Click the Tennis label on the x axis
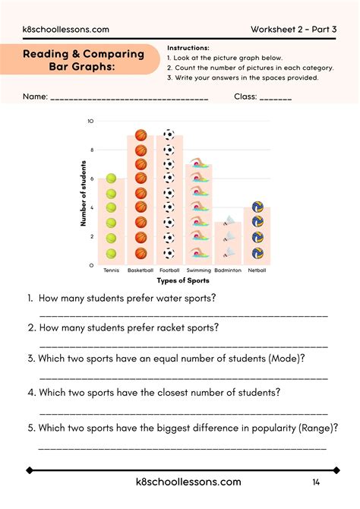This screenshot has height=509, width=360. [x=111, y=270]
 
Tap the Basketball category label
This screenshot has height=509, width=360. [x=140, y=270]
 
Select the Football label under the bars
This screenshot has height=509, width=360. [x=169, y=270]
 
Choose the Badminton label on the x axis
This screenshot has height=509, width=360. [x=227, y=270]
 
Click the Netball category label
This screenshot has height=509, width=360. [x=257, y=270]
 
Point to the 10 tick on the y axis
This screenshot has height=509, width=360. [x=90, y=121]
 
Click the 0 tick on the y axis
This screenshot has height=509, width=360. [x=91, y=265]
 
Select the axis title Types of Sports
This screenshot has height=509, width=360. [x=182, y=280]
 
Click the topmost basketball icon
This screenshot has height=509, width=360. [x=141, y=135]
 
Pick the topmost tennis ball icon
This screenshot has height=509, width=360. [x=112, y=179]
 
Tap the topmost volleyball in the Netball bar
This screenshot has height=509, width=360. [x=257, y=207]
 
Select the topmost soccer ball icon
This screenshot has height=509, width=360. [x=169, y=135]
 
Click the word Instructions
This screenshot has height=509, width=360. [x=188, y=48]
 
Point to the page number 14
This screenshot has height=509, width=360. [x=316, y=482]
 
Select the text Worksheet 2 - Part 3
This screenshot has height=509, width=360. [x=295, y=30]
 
